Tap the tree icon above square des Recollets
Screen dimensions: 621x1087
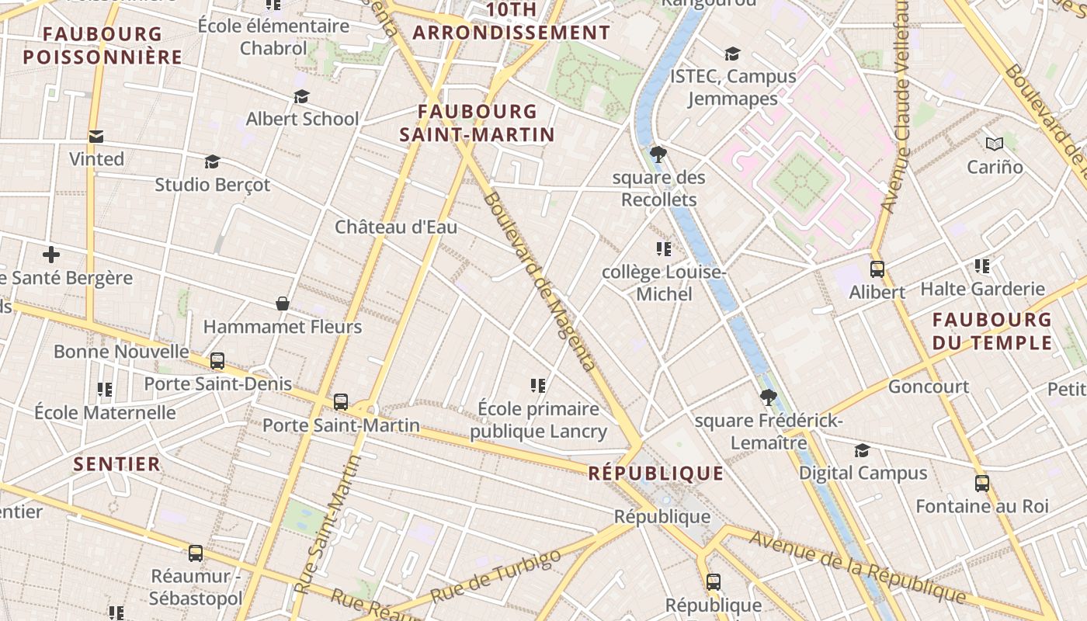[658, 154]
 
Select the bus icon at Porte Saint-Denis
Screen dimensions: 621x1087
[217, 361]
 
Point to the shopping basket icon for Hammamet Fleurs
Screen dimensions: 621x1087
[283, 304]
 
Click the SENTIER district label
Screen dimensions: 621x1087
[117, 464]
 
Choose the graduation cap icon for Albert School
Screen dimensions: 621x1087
[301, 96]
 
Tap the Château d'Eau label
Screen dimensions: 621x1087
[396, 227]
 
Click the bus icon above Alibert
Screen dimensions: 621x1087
[877, 269]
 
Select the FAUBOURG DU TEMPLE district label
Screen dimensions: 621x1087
[992, 331]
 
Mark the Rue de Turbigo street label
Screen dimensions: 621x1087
[495, 577]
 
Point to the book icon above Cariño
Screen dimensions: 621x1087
[995, 144]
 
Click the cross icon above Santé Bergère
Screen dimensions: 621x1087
[51, 255]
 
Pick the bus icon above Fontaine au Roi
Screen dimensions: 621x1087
[981, 484]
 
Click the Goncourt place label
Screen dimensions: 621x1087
[928, 387]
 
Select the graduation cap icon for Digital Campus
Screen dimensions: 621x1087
[862, 451]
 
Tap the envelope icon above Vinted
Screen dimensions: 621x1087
[96, 137]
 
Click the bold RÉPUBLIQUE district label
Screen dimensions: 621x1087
[656, 474]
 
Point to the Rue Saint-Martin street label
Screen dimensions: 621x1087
[328, 526]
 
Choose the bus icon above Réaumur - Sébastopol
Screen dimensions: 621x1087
[196, 553]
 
